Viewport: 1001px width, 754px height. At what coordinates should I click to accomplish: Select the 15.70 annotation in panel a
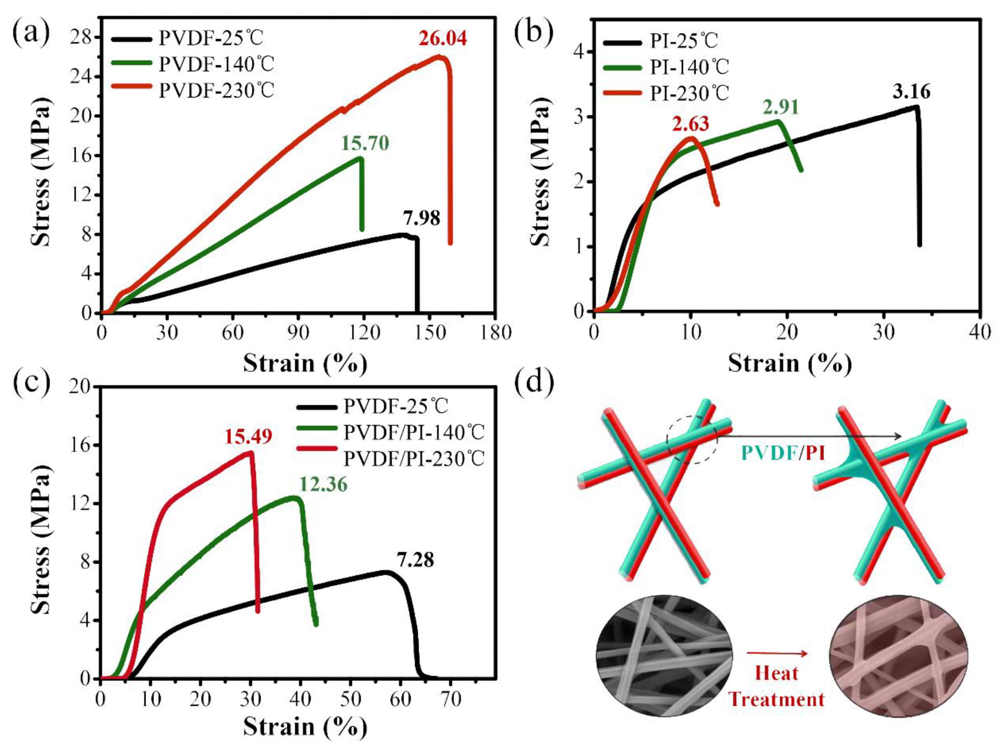point(365,143)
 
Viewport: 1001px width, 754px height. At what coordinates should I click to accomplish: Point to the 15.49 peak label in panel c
point(248,437)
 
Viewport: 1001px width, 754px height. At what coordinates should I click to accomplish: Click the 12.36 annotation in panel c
point(323,485)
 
